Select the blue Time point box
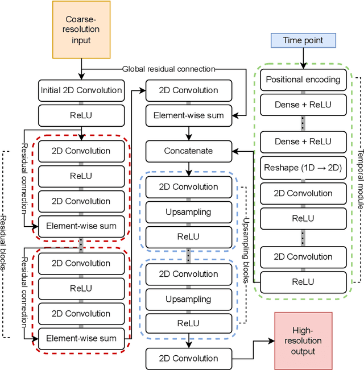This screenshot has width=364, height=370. tap(303, 40)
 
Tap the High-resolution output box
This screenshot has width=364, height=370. tap(307, 340)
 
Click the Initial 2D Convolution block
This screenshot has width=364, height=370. tap(81, 90)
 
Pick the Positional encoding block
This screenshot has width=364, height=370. tap(303, 80)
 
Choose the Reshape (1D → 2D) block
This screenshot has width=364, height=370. tap(303, 168)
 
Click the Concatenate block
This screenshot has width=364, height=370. tap(189, 151)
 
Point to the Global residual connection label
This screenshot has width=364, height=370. tap(169, 69)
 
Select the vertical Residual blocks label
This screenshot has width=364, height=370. tap(5, 244)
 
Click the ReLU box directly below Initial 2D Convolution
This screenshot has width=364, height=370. tap(81, 115)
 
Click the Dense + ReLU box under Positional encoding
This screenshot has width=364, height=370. tap(303, 105)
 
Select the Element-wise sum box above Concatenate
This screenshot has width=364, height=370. tap(189, 115)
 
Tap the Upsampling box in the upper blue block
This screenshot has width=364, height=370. tap(188, 212)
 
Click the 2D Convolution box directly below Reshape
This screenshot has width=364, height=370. tap(303, 193)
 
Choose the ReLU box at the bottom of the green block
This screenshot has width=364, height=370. tap(303, 281)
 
